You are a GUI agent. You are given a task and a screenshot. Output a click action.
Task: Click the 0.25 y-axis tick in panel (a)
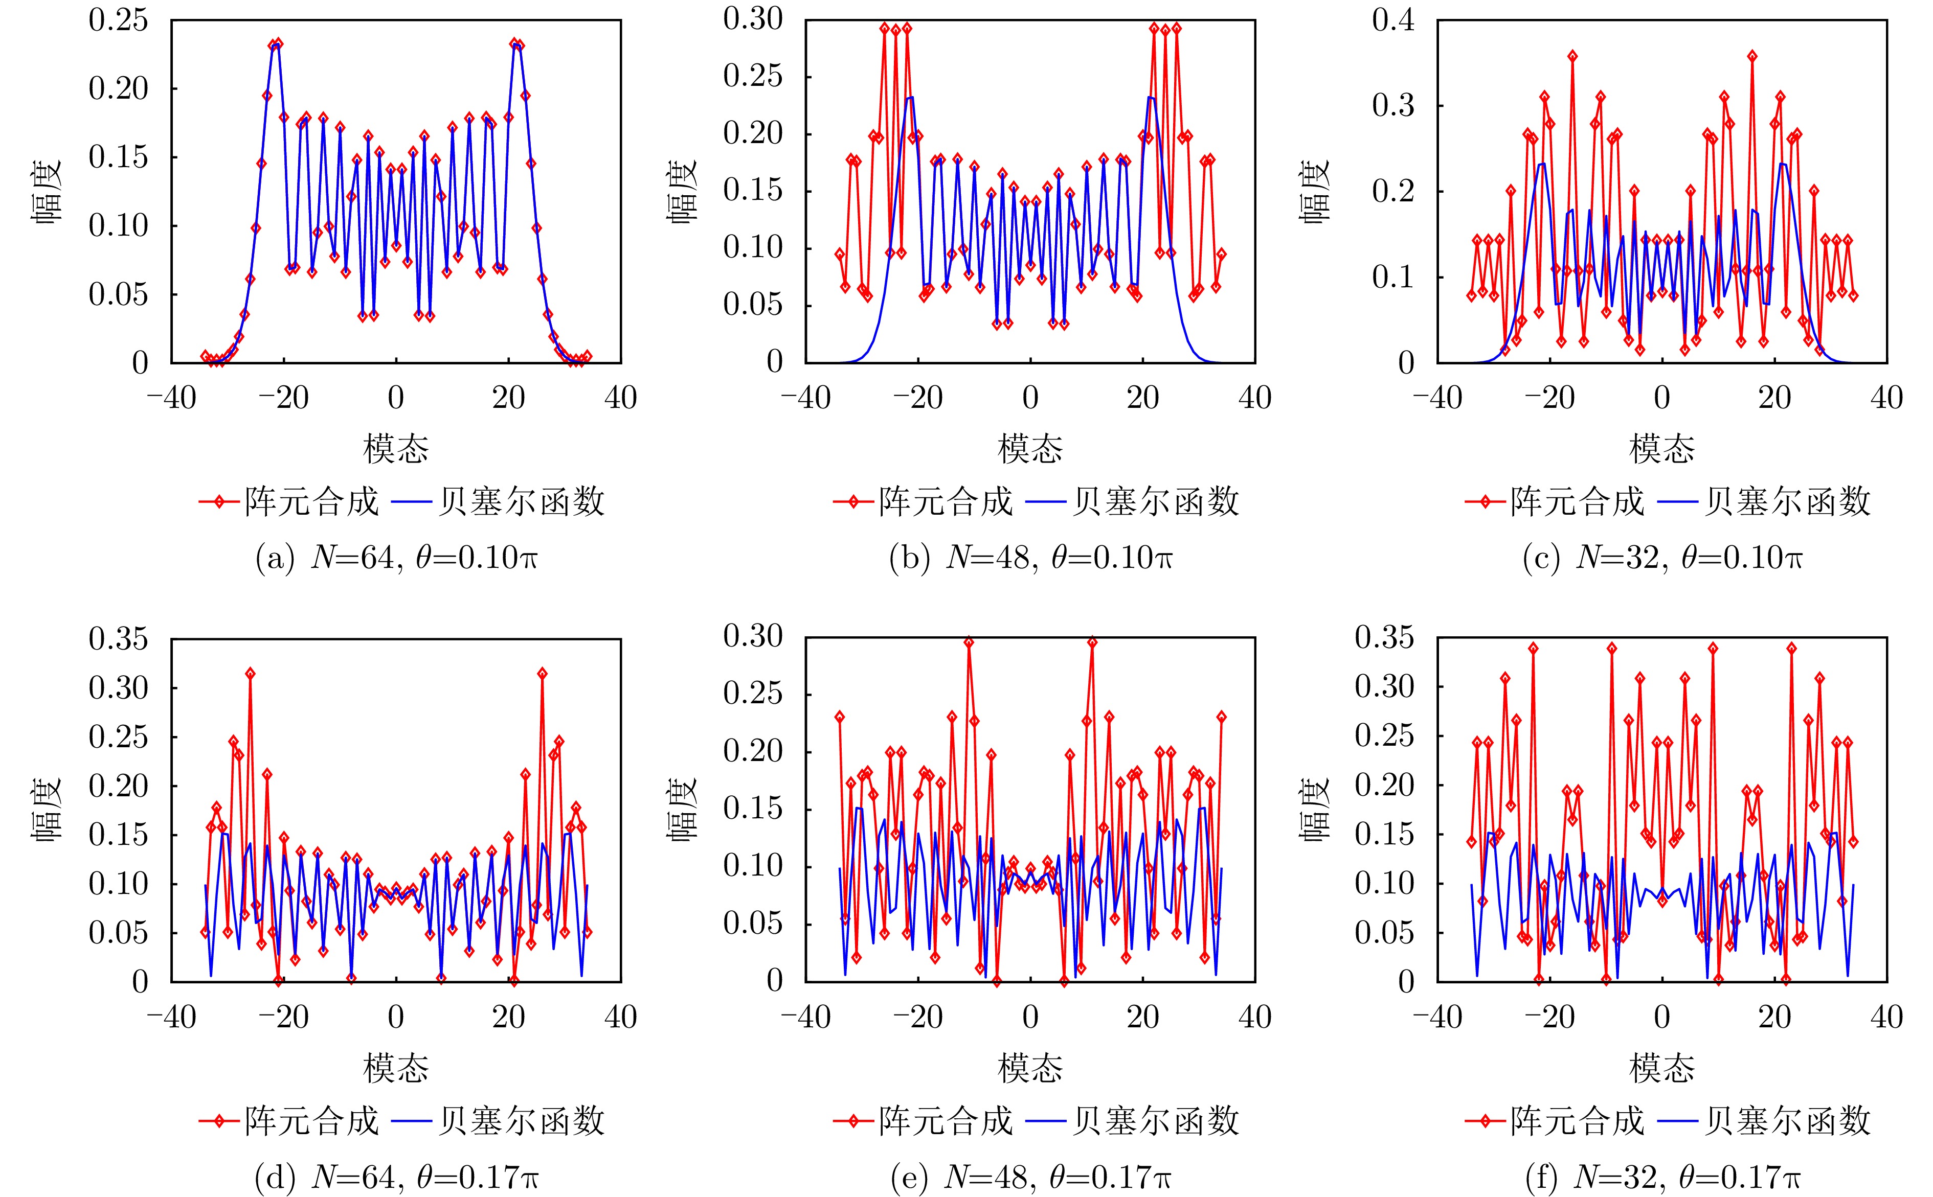click(118, 20)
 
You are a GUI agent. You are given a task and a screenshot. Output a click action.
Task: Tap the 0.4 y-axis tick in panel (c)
click(1393, 20)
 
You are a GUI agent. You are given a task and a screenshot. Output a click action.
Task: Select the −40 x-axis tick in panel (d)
click(172, 1017)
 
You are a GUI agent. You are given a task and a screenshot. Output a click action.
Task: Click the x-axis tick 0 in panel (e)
click(1030, 1017)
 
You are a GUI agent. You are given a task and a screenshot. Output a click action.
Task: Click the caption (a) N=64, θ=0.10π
click(396, 559)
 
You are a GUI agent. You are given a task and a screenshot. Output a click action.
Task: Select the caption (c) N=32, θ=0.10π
click(1662, 559)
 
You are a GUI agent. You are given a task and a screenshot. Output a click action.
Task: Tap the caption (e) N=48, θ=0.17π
click(1030, 1179)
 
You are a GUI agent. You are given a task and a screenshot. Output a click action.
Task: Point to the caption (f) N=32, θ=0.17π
click(1662, 1179)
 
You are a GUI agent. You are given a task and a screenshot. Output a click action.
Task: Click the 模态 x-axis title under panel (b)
click(1030, 449)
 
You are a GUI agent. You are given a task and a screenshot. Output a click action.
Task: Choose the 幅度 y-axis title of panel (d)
click(46, 809)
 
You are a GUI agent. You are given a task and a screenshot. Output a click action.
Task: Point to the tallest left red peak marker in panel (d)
click(250, 673)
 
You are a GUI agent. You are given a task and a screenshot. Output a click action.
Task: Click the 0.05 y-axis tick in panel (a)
click(118, 294)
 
